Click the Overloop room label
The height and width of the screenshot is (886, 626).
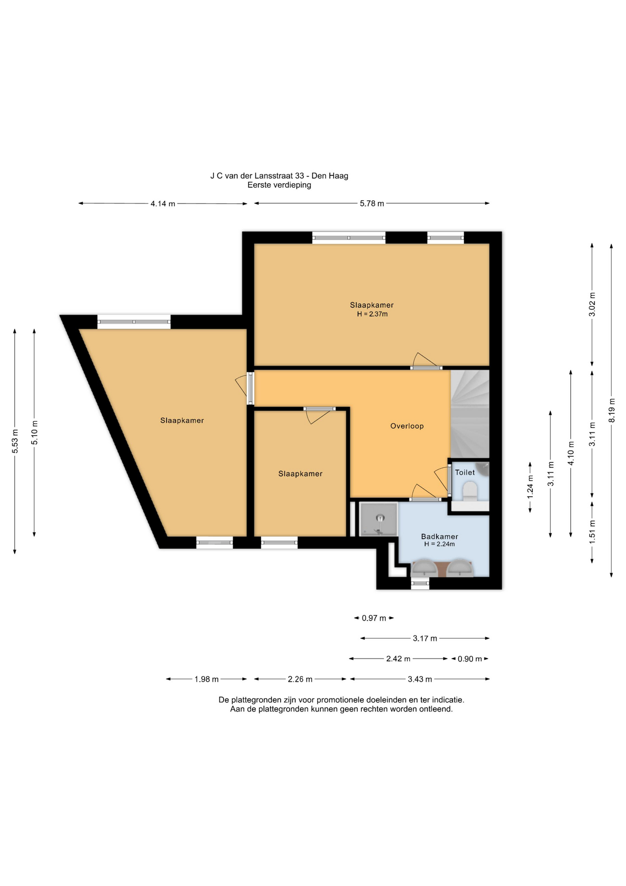coord(407,426)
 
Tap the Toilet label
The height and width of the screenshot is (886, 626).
coord(465,472)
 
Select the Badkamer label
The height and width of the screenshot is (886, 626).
coord(439,536)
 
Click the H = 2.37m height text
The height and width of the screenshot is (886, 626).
coord(372,314)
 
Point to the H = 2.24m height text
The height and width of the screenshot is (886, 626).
coord(439,544)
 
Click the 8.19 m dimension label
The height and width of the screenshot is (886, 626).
coord(612,410)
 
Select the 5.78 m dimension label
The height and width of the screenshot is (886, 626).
coord(372,204)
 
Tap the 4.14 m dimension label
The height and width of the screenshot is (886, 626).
coord(163,204)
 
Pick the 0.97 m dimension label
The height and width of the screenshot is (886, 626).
coord(374,618)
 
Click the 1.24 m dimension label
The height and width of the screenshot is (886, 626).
coord(530,487)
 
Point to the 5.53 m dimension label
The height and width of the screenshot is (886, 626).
coord(15,441)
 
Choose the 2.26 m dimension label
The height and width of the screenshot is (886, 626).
coord(300,679)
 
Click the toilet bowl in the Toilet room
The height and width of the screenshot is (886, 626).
coord(470,491)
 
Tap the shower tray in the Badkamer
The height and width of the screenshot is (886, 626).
coord(378,519)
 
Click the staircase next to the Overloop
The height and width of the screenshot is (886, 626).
coord(469,414)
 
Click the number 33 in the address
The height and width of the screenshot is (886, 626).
coord(300,176)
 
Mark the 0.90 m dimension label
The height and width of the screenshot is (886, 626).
coord(470,659)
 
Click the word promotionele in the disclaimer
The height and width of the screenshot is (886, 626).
coord(339,700)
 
